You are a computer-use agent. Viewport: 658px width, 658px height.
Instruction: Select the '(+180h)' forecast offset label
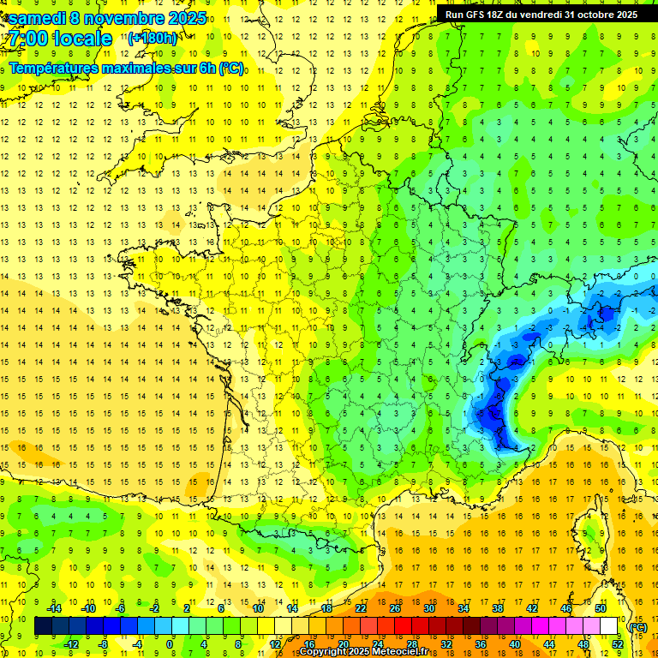click(x=153, y=38)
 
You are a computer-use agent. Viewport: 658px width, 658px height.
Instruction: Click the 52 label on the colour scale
click(x=618, y=644)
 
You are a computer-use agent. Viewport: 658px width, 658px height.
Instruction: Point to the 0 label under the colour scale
click(x=170, y=644)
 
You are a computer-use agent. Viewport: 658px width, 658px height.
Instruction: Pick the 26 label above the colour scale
click(x=395, y=608)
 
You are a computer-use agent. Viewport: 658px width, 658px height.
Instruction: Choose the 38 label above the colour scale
click(x=498, y=608)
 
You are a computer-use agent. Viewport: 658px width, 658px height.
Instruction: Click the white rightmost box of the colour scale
click(x=608, y=626)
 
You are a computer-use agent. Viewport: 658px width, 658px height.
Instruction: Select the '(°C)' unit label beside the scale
click(x=637, y=626)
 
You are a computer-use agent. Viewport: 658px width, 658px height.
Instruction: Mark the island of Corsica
click(x=590, y=532)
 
